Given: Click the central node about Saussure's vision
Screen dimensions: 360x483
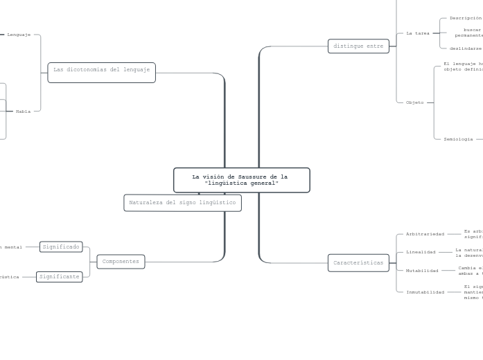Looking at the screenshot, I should tap(241, 180).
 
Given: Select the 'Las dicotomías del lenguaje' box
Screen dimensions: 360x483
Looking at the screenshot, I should tap(101, 70).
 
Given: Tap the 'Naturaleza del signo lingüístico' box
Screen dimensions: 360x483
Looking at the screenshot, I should tap(182, 202).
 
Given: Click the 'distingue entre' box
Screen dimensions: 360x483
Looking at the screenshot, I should tap(358, 46).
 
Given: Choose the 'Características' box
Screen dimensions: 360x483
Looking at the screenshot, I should tap(358, 263).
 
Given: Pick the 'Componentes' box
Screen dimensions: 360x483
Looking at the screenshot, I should tap(121, 262).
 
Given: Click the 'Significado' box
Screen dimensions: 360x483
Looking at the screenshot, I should tap(61, 246).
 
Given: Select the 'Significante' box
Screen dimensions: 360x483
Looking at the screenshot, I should tap(60, 276).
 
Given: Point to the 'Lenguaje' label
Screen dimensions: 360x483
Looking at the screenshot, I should tap(19, 34).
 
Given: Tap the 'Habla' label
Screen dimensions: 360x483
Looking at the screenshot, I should tap(23, 111).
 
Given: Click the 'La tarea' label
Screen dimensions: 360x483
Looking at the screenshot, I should tap(418, 33).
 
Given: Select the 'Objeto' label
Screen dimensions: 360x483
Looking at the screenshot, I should tap(415, 102).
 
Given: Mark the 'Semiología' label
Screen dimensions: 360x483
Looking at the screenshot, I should tap(458, 139).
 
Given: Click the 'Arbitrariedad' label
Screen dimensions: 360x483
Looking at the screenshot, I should tap(425, 234).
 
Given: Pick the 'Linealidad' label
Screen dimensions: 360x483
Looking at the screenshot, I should tap(421, 252).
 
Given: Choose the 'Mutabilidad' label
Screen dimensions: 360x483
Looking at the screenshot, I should tap(422, 271).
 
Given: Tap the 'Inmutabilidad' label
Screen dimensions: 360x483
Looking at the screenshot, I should tap(425, 292).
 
